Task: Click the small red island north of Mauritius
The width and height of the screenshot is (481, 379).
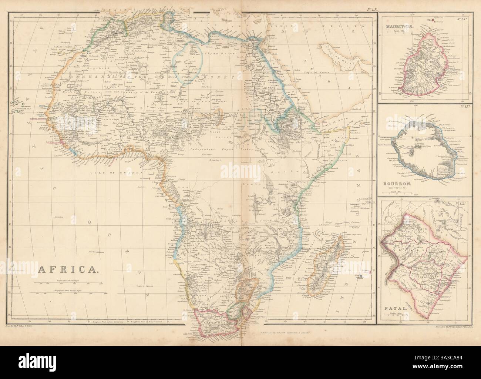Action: tap(430, 19)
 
